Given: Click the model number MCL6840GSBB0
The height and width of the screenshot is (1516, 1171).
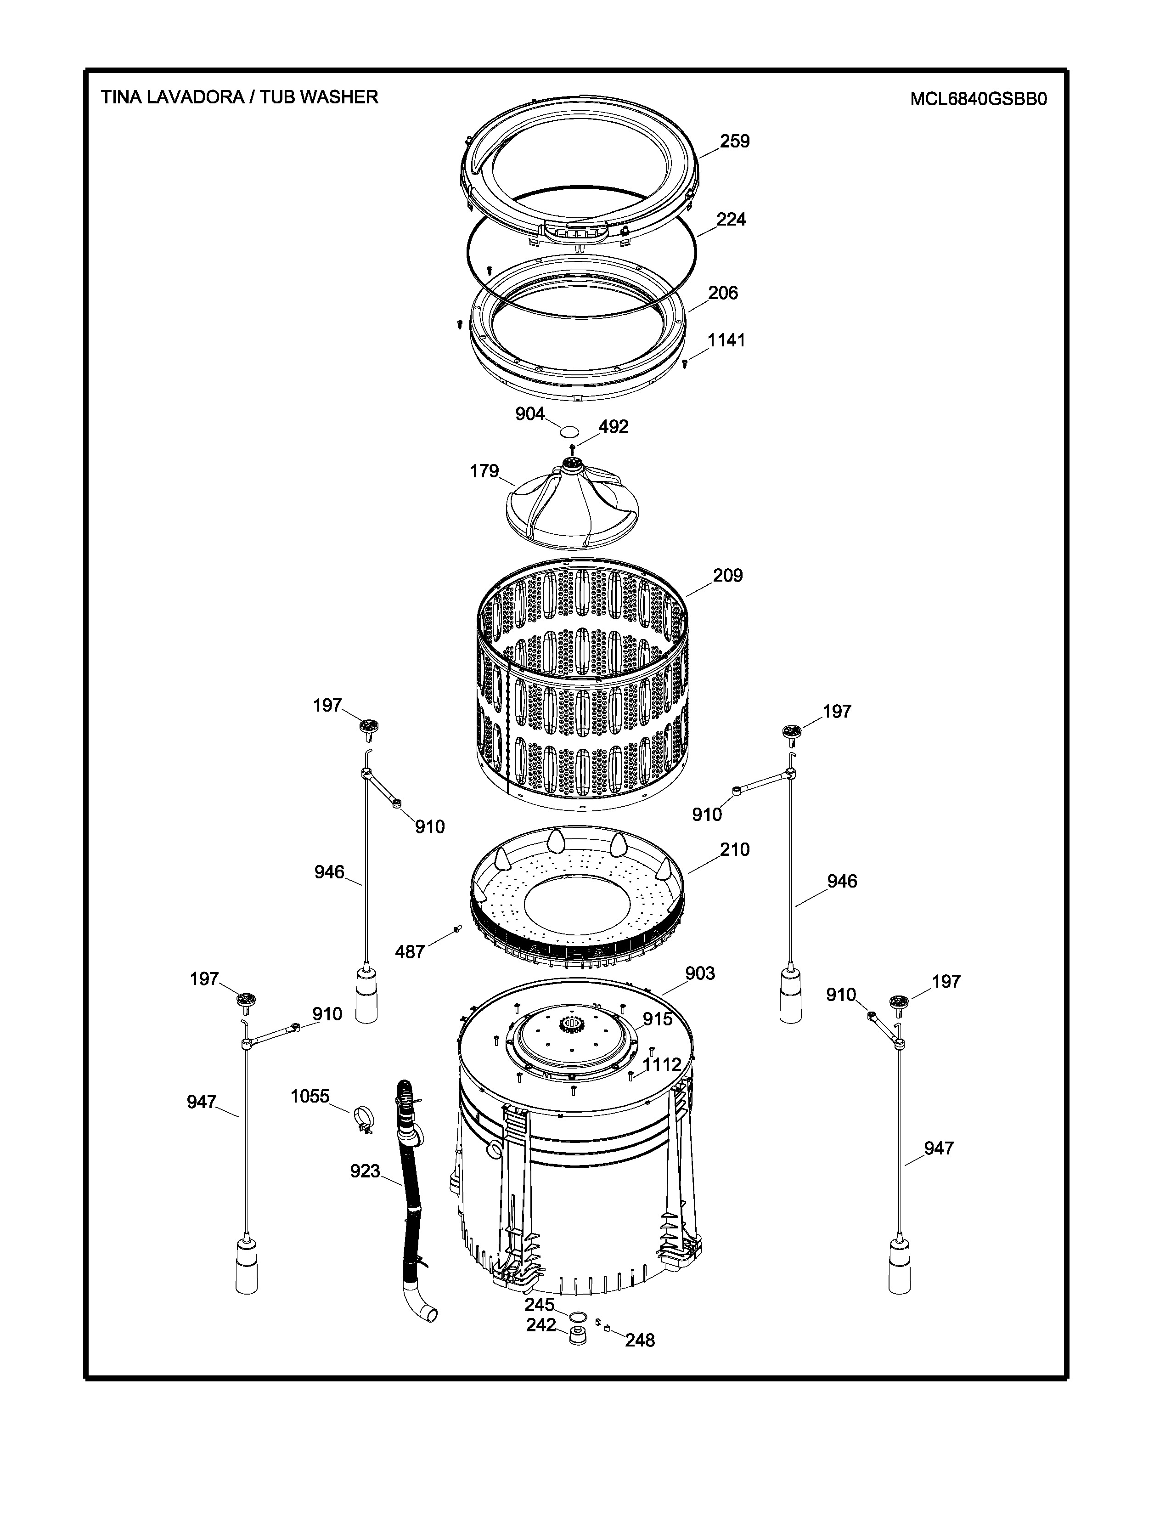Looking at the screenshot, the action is click(978, 99).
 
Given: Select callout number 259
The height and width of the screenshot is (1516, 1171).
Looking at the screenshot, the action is click(735, 141).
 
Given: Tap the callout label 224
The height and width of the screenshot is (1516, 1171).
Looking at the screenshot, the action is click(731, 219).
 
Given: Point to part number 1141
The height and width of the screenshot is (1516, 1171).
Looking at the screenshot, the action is click(726, 340).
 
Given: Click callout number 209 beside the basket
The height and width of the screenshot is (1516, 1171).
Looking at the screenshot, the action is click(728, 576).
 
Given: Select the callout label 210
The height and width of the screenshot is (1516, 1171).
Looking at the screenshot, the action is click(735, 849).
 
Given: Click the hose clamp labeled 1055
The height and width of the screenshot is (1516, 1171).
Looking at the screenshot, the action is click(363, 1120).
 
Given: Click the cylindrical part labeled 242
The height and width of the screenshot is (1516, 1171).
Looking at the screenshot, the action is click(577, 1336).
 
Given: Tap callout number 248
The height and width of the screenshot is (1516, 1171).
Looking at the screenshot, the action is click(640, 1341).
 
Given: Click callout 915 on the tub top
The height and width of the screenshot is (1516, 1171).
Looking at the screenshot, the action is click(657, 1018).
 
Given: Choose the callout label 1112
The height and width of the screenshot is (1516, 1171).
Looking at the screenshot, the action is click(662, 1065).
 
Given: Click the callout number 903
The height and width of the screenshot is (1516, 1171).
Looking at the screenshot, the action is click(700, 974).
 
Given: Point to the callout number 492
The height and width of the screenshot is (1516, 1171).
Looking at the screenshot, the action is click(613, 426).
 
